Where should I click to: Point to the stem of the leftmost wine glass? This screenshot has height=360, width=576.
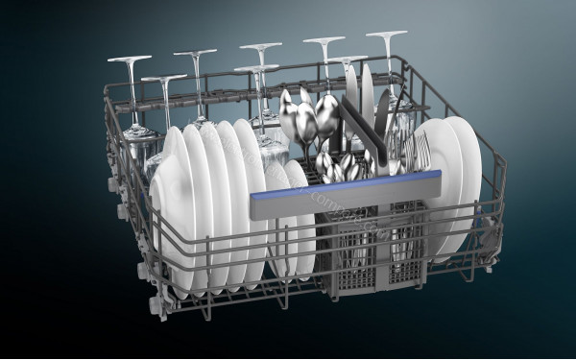click(132, 91)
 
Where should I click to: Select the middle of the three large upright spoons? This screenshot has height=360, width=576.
click(305, 120)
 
